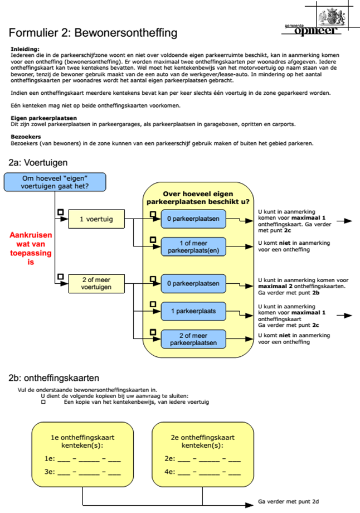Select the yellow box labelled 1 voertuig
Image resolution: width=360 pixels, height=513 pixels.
96,219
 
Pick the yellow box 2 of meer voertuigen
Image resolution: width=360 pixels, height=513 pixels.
96,283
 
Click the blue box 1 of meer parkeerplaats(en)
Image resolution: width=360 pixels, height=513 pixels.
193,246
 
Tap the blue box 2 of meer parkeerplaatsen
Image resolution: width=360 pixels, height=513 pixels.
193,339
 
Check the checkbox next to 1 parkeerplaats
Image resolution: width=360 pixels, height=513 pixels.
152,304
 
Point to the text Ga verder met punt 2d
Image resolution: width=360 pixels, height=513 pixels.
288,501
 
